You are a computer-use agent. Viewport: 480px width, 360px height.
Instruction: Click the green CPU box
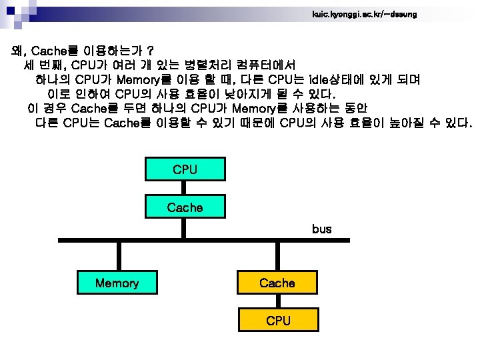coord(185,169)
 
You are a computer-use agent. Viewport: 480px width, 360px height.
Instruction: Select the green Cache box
coord(185,207)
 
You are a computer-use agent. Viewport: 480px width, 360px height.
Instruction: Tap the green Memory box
coord(117,283)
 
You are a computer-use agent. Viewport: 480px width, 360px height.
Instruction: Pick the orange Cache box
coord(277,283)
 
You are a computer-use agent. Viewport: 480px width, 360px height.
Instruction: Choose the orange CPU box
coord(277,321)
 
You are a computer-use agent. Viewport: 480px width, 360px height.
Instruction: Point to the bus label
coord(321,229)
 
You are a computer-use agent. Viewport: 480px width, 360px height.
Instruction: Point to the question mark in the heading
coord(151,51)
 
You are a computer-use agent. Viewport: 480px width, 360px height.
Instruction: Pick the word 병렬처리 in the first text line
coord(210,65)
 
